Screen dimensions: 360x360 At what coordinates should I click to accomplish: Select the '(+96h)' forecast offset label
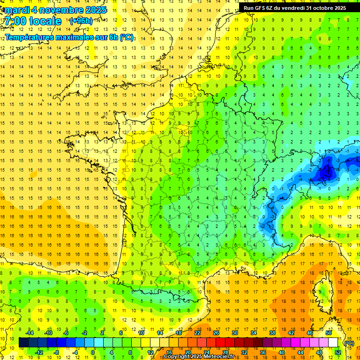tap(81, 21)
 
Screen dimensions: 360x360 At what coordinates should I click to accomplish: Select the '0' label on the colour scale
tap(93, 352)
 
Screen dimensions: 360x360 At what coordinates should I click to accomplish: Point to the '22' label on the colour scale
tap(197, 333)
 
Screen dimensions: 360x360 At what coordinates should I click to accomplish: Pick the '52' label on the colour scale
tap(338, 352)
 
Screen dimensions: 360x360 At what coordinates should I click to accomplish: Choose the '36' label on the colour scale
tap(262, 352)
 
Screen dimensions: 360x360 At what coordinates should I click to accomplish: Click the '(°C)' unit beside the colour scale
tap(349, 343)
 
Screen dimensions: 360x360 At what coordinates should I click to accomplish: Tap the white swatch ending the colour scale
tap(333, 343)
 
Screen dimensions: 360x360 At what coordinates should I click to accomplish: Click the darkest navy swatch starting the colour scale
tap(23, 343)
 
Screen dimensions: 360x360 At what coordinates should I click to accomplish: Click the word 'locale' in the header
tap(45, 21)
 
